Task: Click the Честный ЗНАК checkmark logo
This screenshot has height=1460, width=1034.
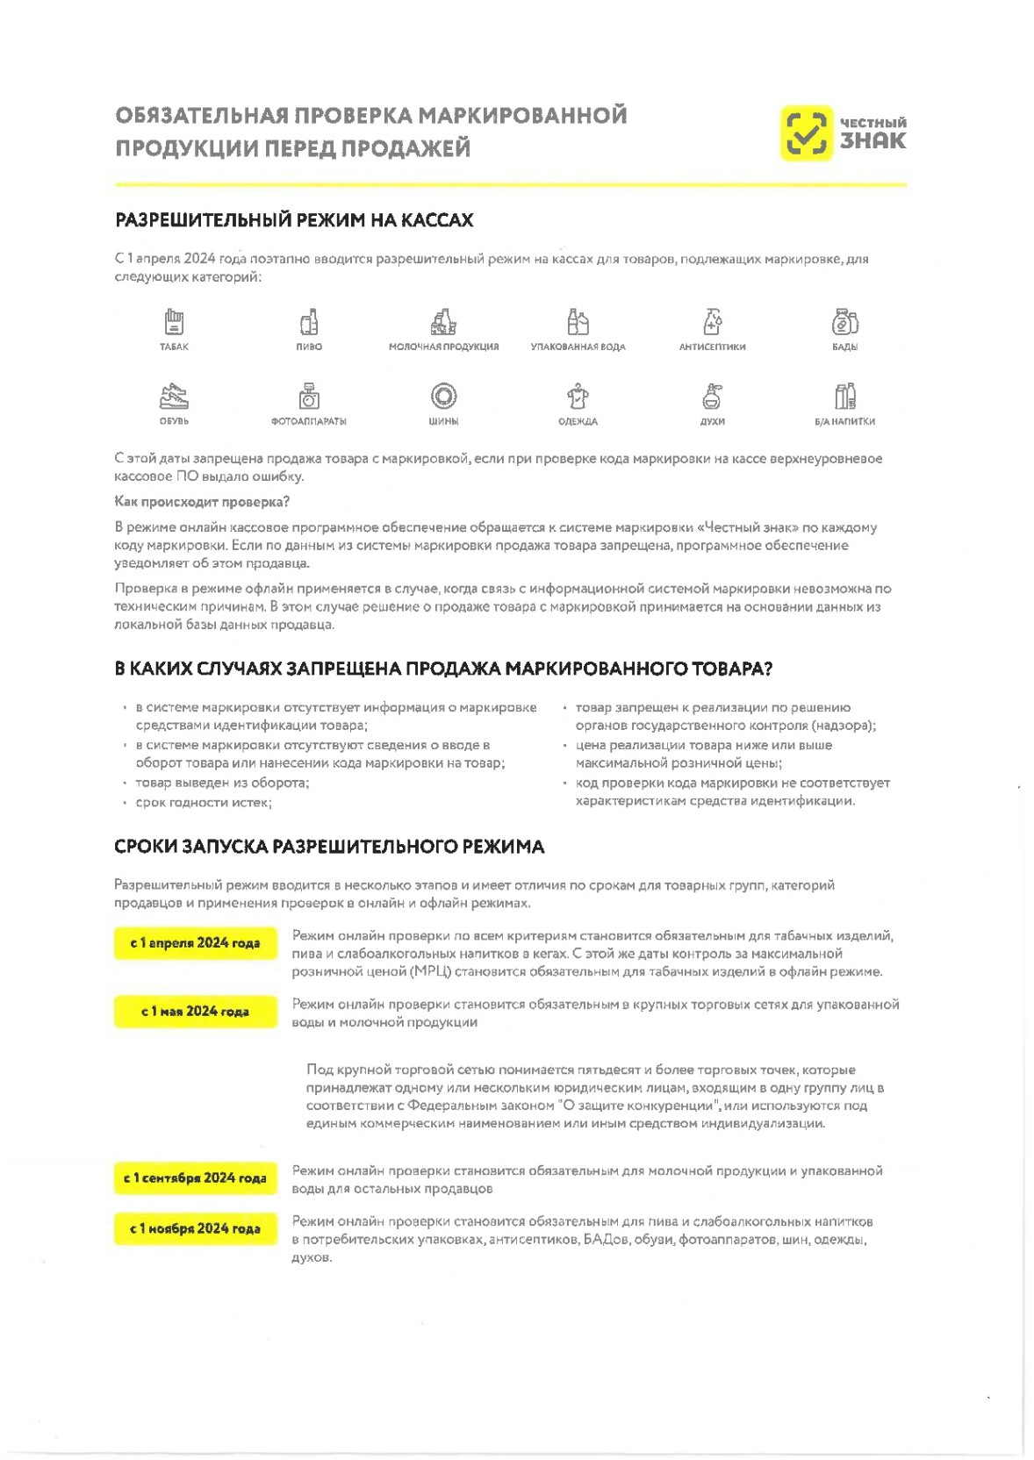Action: click(805, 133)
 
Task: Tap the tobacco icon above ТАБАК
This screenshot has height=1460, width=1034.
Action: click(174, 322)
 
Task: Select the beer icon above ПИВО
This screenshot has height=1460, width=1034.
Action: click(309, 322)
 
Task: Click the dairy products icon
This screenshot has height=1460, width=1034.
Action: click(443, 322)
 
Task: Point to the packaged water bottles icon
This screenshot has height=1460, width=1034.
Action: click(578, 322)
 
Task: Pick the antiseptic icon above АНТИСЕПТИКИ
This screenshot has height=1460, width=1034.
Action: click(712, 322)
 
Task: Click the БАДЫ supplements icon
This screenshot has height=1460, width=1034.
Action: click(844, 322)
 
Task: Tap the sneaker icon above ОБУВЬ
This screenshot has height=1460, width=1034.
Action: click(174, 397)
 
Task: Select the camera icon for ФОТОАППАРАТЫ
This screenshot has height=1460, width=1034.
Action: click(309, 397)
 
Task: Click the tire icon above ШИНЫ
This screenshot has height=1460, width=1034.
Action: click(443, 397)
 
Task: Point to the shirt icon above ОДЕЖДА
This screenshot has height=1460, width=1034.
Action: click(578, 397)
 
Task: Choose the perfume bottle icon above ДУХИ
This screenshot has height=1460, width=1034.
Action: click(712, 397)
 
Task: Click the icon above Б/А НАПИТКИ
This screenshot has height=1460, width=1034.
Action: click(844, 397)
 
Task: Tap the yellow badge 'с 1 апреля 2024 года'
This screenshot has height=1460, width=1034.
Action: click(195, 943)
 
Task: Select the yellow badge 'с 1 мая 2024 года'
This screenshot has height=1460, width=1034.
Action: click(195, 1012)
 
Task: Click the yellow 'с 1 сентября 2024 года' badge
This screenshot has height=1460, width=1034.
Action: click(195, 1177)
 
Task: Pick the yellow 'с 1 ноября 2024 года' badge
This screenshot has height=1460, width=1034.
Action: click(195, 1228)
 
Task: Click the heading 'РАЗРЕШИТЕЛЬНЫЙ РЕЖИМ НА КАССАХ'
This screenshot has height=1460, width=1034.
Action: click(294, 220)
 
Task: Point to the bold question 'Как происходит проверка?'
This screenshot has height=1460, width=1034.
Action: click(202, 502)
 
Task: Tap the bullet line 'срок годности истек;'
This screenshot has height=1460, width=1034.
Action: click(204, 803)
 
